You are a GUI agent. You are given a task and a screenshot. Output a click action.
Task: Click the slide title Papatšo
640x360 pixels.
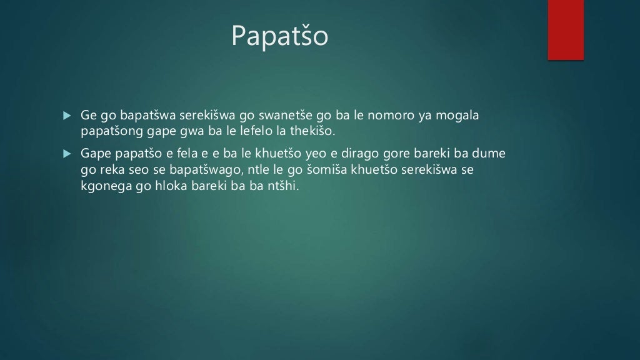[x=279, y=36]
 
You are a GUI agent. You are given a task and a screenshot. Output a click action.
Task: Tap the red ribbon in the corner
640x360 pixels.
[x=566, y=29]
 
